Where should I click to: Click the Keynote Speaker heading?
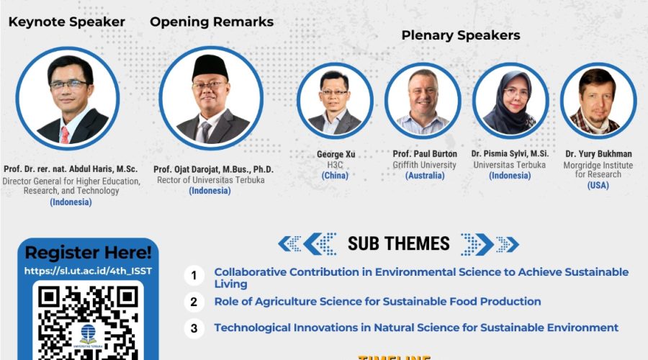[66, 22]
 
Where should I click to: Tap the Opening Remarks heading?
[212, 22]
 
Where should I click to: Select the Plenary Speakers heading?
[460, 35]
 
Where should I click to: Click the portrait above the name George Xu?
[335, 100]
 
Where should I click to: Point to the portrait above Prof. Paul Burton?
[422, 100]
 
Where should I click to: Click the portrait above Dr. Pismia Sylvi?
[510, 100]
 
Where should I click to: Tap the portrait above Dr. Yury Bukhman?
[598, 100]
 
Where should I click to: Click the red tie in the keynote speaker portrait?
[65, 134]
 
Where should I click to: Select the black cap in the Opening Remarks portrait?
[210, 66]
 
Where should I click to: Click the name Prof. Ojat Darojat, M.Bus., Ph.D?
[213, 170]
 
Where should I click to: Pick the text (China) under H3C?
[335, 175]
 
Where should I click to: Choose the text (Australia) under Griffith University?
[425, 175]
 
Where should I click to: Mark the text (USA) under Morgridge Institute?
[598, 185]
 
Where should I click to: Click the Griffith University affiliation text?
[425, 165]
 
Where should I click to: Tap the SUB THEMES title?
[398, 243]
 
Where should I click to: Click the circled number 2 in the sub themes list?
[193, 302]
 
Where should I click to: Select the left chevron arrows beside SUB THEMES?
[307, 243]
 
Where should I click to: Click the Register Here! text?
[88, 253]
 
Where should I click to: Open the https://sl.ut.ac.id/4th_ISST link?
[88, 271]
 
